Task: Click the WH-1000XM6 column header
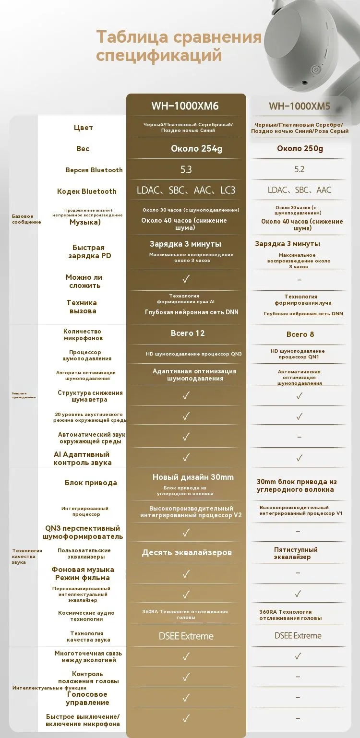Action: tap(185, 106)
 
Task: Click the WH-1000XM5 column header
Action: tap(300, 107)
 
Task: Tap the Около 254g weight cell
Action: tap(197, 149)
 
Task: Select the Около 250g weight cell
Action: tap(300, 149)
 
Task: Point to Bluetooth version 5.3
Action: tap(186, 170)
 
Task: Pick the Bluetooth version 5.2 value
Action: tap(300, 170)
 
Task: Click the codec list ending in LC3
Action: tap(186, 190)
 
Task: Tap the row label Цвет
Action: tap(84, 128)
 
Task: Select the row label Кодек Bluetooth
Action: tap(87, 191)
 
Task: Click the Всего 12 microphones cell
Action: tap(188, 333)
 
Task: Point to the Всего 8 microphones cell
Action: tap(300, 334)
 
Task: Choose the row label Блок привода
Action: tap(91, 483)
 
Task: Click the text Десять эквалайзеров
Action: tap(187, 553)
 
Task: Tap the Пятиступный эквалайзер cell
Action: tap(296, 553)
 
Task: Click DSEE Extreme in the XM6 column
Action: tap(186, 636)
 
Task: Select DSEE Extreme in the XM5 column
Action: tap(298, 636)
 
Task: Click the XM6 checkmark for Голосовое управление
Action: tap(186, 698)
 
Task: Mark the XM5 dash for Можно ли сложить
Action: tap(300, 280)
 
